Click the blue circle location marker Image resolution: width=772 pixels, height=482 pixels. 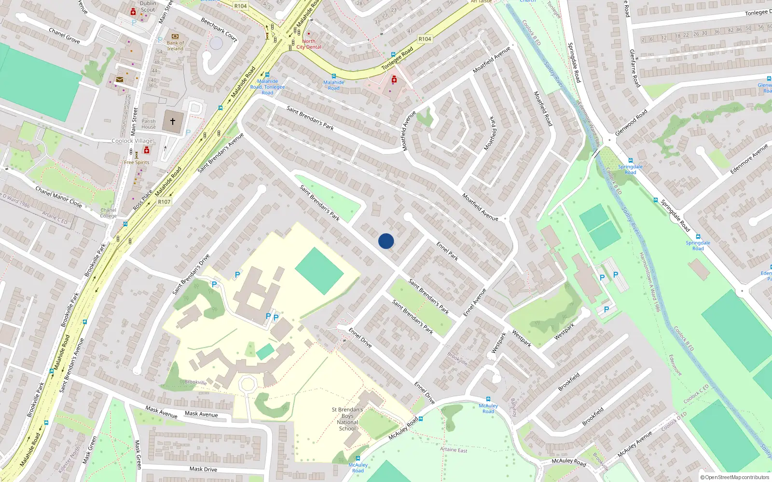pyautogui.click(x=386, y=241)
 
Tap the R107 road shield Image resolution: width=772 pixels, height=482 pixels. pyautogui.click(x=164, y=202)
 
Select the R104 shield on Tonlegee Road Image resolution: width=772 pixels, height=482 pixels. pyautogui.click(x=425, y=39)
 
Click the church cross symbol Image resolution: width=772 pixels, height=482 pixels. pyautogui.click(x=173, y=121)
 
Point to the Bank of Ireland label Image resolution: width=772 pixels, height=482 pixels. pyautogui.click(x=175, y=45)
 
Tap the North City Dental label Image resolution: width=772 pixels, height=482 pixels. pyautogui.click(x=309, y=44)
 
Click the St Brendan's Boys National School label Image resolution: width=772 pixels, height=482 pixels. pyautogui.click(x=347, y=419)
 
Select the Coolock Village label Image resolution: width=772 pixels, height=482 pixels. pyautogui.click(x=132, y=141)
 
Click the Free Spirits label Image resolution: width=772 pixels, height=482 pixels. pyautogui.click(x=137, y=162)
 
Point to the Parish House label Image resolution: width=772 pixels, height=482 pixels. pyautogui.click(x=149, y=124)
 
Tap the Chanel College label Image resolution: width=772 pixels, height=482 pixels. pyautogui.click(x=109, y=213)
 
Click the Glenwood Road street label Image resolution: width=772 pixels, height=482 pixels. pyautogui.click(x=631, y=122)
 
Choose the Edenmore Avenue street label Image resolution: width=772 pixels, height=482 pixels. pyautogui.click(x=749, y=159)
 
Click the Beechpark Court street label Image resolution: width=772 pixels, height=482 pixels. pyautogui.click(x=219, y=30)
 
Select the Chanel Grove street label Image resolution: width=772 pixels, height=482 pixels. pyautogui.click(x=64, y=35)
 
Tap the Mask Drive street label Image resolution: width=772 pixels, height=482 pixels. pyautogui.click(x=203, y=469)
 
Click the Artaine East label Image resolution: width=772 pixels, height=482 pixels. pyautogui.click(x=454, y=450)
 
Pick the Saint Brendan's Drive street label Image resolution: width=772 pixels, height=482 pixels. pyautogui.click(x=191, y=274)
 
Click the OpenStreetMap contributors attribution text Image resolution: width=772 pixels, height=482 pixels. pyautogui.click(x=735, y=477)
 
